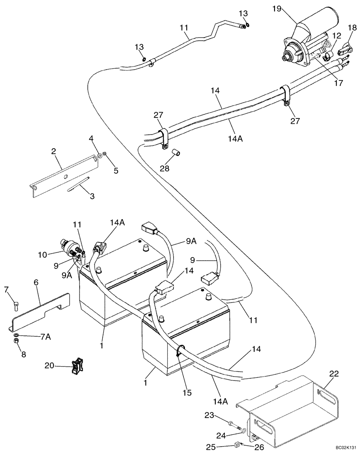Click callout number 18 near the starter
pyautogui.click(x=351, y=28)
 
